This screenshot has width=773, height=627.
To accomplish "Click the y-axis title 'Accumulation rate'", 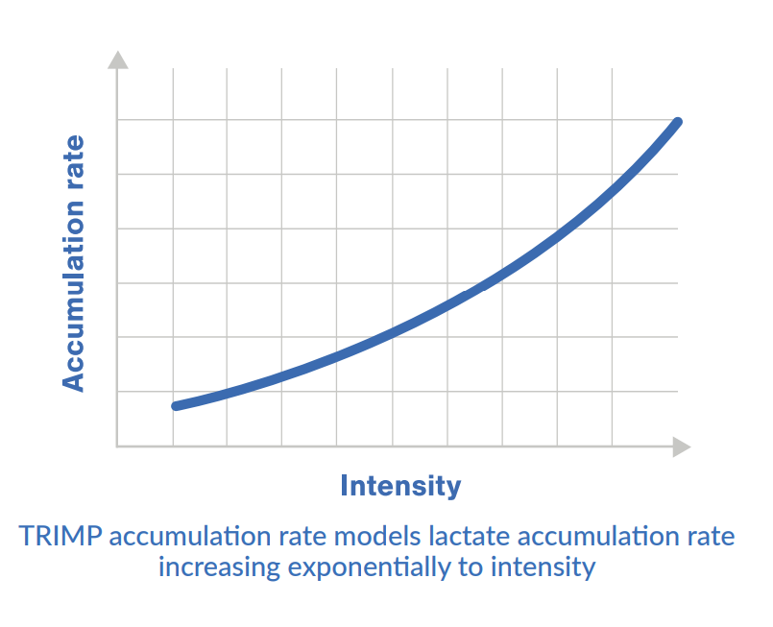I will [x=74, y=263].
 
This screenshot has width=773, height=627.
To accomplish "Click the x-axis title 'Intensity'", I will [x=400, y=486].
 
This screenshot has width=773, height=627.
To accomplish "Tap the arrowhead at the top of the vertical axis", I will [x=117, y=60].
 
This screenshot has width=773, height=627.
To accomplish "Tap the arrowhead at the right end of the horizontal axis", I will [x=681, y=446].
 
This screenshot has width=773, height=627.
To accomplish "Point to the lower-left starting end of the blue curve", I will [x=176, y=406].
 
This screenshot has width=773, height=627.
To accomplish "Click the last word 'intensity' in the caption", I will [x=543, y=567].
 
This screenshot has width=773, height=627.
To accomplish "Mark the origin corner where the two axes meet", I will [x=117, y=446].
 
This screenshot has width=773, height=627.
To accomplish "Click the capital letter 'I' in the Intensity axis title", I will [x=345, y=486].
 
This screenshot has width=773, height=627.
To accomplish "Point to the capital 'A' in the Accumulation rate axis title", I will [x=74, y=382].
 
